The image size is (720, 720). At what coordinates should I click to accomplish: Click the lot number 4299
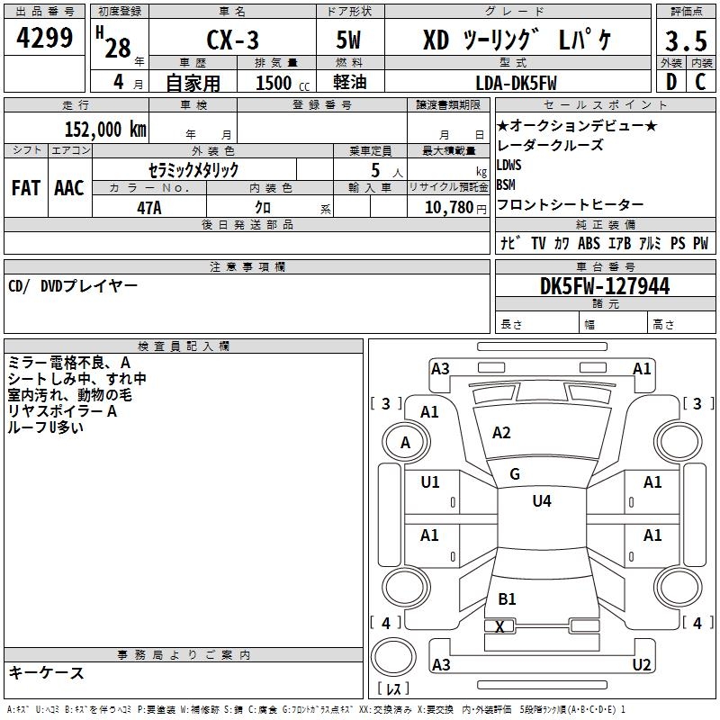coord(44,38)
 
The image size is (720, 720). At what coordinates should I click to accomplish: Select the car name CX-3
coord(232,40)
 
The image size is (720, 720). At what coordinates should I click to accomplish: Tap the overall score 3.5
coord(686,40)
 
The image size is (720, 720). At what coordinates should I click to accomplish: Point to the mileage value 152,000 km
coord(105,130)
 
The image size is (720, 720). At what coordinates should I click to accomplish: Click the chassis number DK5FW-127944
coord(605,286)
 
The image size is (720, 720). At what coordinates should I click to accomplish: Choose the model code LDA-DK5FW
coord(516,83)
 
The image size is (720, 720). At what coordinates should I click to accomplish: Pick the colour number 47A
coord(149,208)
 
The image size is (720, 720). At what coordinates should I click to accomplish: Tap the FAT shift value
coord(26,188)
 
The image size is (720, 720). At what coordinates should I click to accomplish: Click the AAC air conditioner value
coord(69,188)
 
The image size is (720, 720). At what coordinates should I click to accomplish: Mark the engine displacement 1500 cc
coord(283,83)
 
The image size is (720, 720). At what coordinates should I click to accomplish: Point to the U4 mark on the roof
coord(542,500)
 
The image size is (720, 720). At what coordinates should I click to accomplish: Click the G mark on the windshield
coord(515,474)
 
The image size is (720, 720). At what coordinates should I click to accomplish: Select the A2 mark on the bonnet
coord(501,433)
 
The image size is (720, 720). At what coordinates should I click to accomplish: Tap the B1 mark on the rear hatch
coord(507,598)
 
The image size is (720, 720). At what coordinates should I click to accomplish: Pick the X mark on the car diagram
coord(499,626)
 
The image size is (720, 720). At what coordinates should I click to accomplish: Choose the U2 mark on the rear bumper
coord(642,664)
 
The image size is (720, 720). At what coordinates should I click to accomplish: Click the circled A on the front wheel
coord(405,443)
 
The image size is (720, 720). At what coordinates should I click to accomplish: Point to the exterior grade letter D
coord(671,82)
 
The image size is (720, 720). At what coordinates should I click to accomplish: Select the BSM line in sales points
coord(506,184)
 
